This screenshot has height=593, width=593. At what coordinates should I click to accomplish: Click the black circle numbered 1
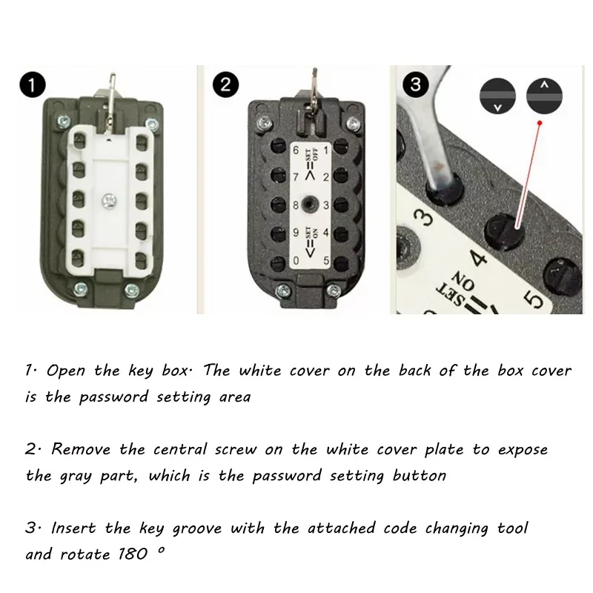[x=33, y=85]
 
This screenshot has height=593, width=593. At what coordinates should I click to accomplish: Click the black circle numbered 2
[x=225, y=85]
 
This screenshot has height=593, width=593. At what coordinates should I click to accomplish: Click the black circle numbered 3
[x=416, y=85]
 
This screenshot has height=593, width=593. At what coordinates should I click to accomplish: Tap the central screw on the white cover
[x=109, y=200]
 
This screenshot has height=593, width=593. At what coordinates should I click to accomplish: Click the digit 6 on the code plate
[x=296, y=150]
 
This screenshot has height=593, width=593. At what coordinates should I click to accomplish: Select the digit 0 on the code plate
[x=296, y=260]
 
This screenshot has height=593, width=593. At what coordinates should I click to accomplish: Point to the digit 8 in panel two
[x=296, y=205]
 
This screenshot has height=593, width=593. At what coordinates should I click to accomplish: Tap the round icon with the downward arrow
[x=497, y=96]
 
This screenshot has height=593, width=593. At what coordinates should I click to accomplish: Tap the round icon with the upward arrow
[x=544, y=96]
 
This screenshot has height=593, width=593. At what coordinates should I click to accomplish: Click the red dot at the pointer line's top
[x=540, y=123]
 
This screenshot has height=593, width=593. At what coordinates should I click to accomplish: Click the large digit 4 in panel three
[x=479, y=258]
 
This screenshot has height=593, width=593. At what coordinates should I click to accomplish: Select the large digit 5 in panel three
[x=534, y=300]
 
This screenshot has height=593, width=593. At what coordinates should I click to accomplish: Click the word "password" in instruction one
[x=113, y=397]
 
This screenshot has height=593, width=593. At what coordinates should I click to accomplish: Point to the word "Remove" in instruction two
[x=81, y=449]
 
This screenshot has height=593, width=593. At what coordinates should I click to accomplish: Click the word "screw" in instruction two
[x=236, y=450]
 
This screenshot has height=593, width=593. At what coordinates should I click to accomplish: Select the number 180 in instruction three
[x=133, y=554]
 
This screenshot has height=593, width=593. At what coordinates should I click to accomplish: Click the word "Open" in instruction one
[x=66, y=371]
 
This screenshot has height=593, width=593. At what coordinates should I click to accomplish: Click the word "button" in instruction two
[x=420, y=476]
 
